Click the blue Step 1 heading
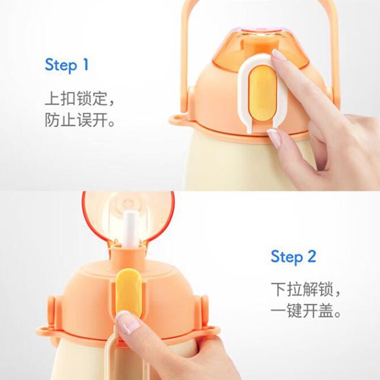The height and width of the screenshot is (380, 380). coord(67,65)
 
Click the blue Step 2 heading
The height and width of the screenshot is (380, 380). coord(293,256)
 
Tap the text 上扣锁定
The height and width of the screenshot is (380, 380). coord(76,98)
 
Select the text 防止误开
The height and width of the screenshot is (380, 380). coord(76,120)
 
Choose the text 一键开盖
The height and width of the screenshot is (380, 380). coord(302,310)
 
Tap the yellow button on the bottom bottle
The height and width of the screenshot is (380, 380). coord(129,292)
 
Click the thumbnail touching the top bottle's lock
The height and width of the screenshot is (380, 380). coord(274,138)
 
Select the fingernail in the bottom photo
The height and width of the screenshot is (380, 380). coord(128,322)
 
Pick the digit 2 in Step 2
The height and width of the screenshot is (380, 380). coord(311,256)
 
